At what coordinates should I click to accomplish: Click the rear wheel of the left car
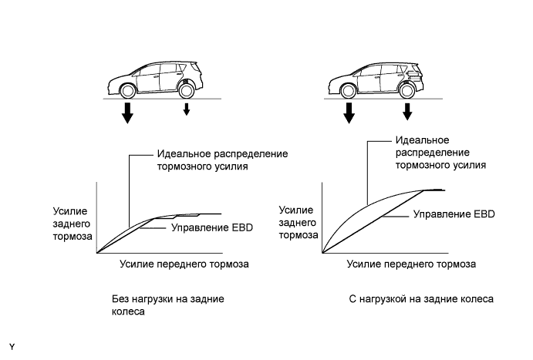pos(185,89)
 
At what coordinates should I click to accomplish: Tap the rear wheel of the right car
pos(406,89)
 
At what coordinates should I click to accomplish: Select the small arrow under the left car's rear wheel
pos(185,110)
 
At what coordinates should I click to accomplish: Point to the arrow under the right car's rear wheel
pos(407,113)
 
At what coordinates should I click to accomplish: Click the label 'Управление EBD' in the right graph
pos(454,214)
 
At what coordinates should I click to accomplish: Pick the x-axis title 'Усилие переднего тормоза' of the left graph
pos(185,264)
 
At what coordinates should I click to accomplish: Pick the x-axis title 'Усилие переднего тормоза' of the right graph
pos(411,264)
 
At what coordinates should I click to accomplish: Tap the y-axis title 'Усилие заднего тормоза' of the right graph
pos(297,223)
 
